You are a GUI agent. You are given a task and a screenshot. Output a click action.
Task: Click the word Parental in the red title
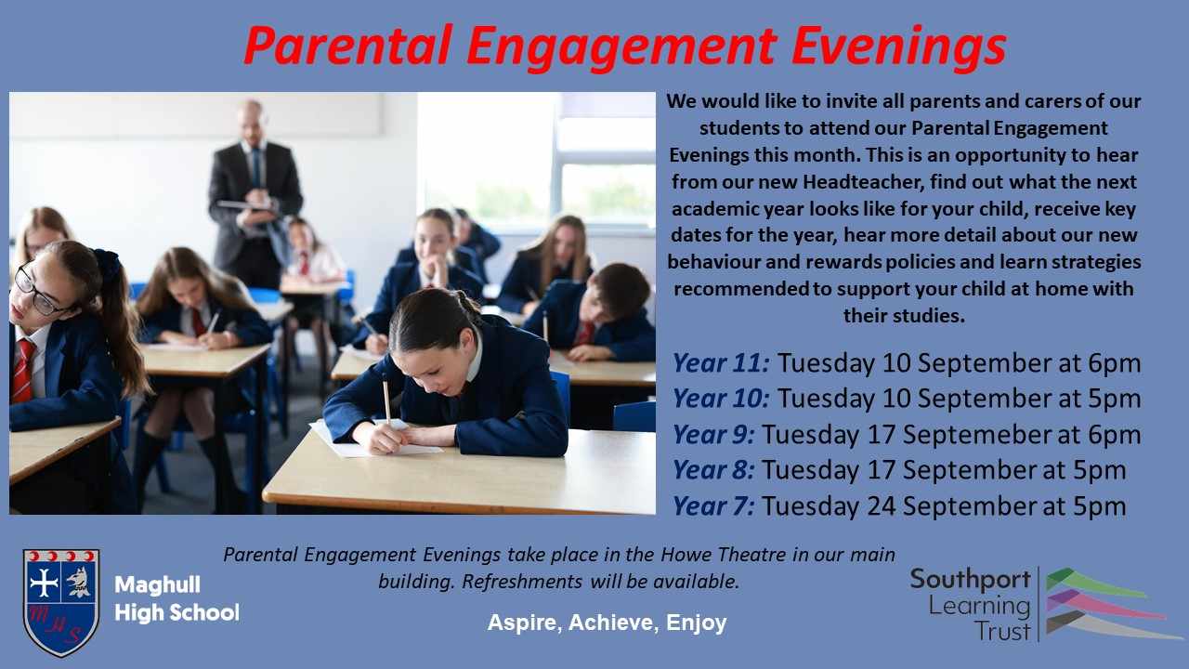[x=348, y=46]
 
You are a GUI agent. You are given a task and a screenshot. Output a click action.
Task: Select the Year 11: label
[x=722, y=363]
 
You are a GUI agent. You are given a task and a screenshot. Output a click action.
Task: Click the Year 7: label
[x=714, y=506]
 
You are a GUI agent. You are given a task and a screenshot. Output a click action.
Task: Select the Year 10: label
[x=722, y=399]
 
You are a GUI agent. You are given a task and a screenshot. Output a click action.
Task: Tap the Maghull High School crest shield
[x=61, y=602]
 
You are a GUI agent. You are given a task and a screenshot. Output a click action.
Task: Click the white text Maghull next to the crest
[x=158, y=584]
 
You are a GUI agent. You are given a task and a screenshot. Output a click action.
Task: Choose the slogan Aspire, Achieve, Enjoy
[x=607, y=623]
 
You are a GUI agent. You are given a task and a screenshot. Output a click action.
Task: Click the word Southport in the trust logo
[x=971, y=580]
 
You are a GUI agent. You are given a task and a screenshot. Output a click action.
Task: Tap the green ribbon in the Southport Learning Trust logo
[x=1093, y=583]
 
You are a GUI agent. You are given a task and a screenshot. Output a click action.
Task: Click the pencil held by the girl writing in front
[x=386, y=401]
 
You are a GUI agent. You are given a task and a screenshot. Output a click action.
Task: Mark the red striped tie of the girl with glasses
[x=23, y=371]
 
